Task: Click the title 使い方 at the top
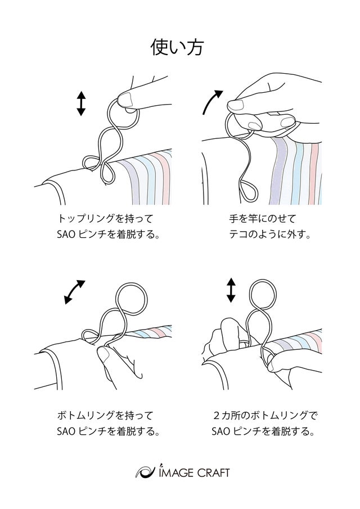point(177,47)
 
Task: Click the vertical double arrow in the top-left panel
point(81,103)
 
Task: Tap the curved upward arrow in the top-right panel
point(212,101)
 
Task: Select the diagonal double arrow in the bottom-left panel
point(74,292)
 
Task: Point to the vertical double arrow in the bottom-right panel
point(231,290)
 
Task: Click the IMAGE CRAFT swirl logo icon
point(145,472)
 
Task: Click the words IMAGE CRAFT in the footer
point(195,472)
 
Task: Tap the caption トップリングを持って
point(105,218)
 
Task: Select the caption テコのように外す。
point(270,234)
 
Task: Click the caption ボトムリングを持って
point(105,415)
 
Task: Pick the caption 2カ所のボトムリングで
point(265,415)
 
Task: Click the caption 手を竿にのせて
point(262,218)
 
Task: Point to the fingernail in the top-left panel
point(125,99)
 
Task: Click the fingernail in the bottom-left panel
point(104,355)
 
